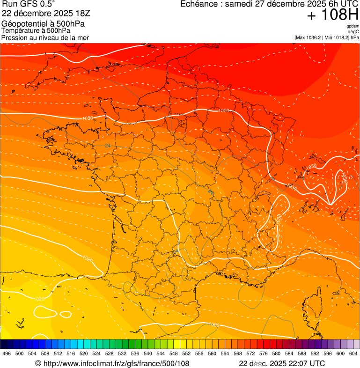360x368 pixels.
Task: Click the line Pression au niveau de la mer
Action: click(45, 37)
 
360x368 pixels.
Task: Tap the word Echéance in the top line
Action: click(199, 4)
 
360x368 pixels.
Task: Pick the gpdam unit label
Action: click(353, 26)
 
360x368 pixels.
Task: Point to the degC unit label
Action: click(353, 31)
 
